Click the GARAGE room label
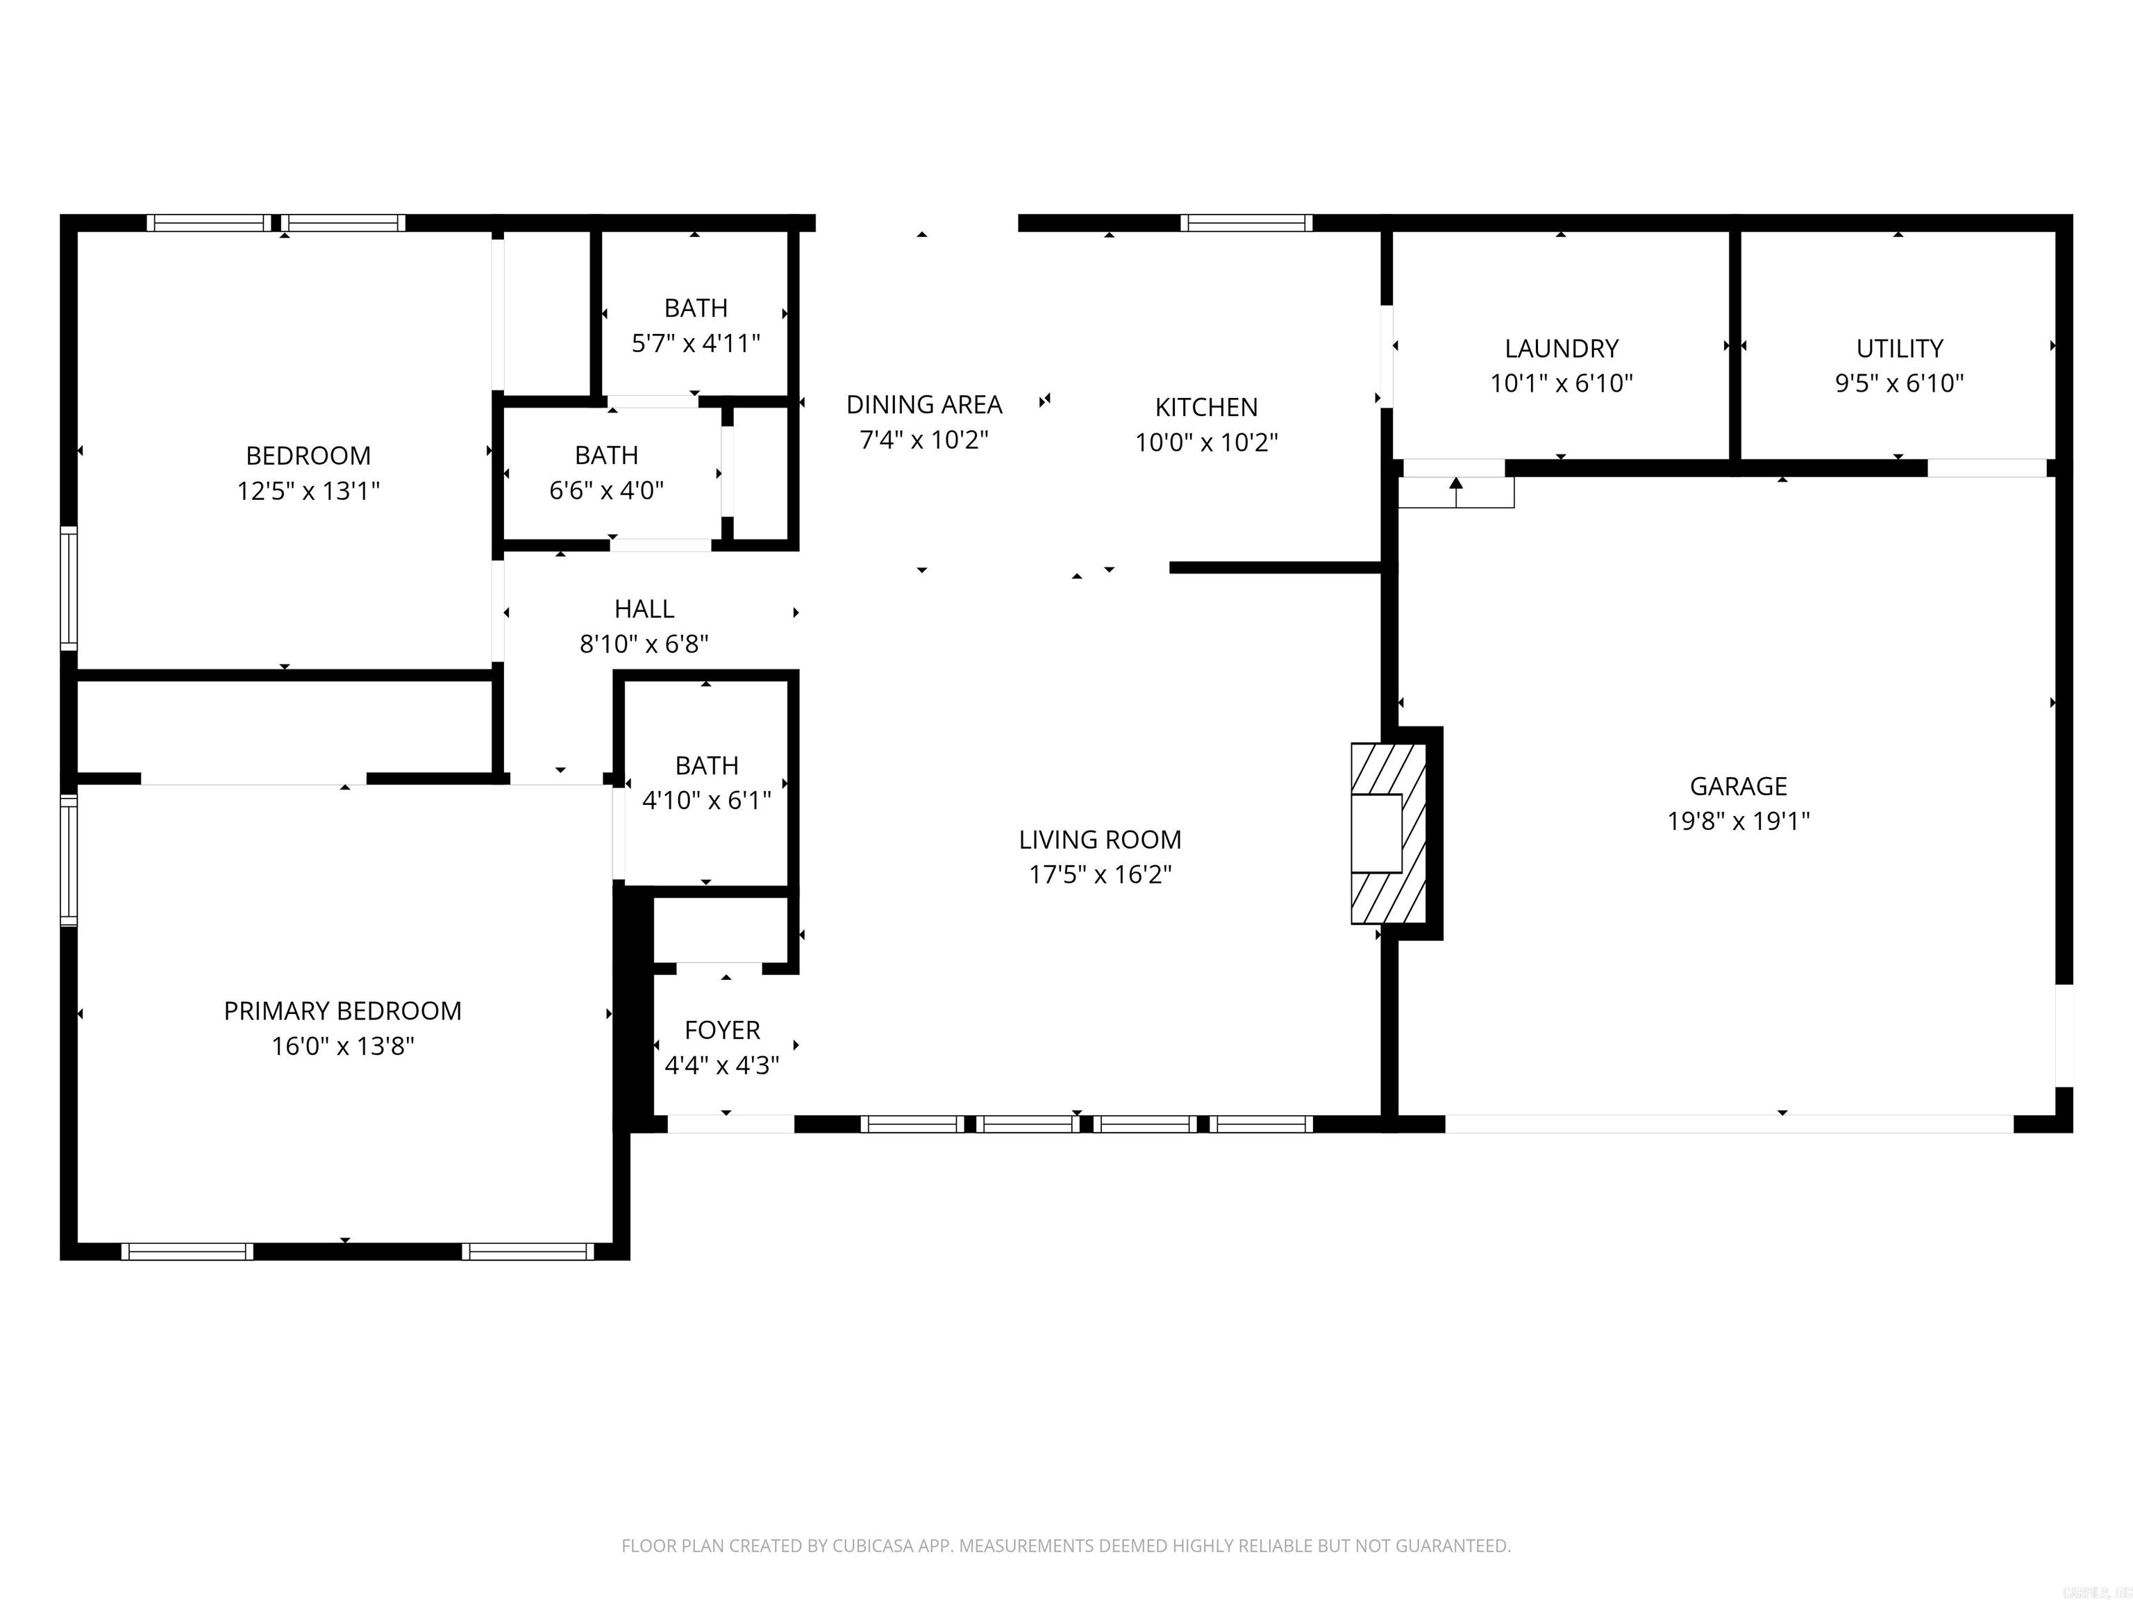click(x=1738, y=786)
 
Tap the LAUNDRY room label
click(x=1561, y=348)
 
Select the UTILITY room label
click(x=1900, y=348)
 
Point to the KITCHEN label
click(x=1206, y=407)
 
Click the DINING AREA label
click(x=923, y=404)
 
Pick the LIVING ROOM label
click(x=1099, y=839)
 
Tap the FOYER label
click(x=722, y=1030)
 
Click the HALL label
click(x=644, y=608)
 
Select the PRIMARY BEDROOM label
click(x=342, y=1010)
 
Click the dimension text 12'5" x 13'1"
click(x=308, y=491)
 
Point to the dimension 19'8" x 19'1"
click(x=1739, y=821)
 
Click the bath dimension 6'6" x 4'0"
click(x=607, y=490)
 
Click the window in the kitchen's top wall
click(x=1246, y=223)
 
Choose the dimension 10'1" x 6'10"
click(x=1561, y=383)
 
